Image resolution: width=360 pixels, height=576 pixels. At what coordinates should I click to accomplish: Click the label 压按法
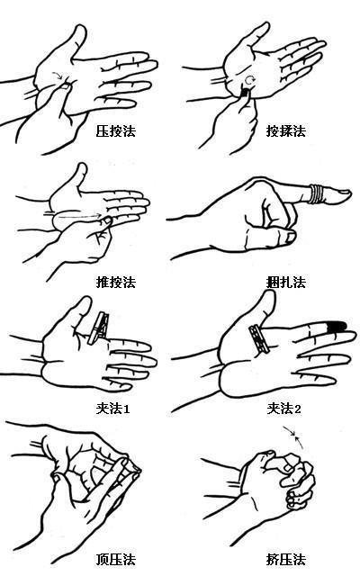[x=116, y=131]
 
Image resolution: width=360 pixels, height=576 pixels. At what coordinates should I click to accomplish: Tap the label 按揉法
[x=286, y=131]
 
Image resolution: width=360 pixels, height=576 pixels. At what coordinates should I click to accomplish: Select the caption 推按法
[x=116, y=282]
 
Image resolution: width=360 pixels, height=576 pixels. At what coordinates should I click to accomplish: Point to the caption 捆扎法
[x=286, y=282]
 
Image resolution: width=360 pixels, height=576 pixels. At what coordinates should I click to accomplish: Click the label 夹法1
[x=112, y=408]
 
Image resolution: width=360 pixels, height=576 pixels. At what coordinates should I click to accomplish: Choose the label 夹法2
[x=284, y=408]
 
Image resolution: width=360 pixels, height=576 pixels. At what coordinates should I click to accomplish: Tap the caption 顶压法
[x=116, y=560]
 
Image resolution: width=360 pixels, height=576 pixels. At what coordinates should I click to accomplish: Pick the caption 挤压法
[x=286, y=560]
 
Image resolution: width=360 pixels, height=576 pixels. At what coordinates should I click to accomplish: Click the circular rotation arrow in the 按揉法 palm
[x=249, y=80]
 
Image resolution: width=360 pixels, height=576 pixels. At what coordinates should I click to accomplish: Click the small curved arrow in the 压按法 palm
[x=57, y=75]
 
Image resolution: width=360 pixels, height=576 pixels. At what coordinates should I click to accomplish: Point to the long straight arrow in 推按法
[x=80, y=216]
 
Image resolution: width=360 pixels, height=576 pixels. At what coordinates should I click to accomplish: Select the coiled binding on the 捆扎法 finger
[x=316, y=193]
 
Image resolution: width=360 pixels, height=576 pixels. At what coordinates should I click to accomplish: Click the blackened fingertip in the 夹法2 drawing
[x=337, y=327]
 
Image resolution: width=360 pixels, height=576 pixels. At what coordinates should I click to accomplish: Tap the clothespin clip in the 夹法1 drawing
[x=98, y=328]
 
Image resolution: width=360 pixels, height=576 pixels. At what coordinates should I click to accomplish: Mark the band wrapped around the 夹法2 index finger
[x=259, y=339]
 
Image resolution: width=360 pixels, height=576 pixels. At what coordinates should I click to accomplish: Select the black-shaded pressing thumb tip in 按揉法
[x=244, y=92]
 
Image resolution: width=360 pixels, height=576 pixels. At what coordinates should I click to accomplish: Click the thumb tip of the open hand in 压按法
[x=80, y=30]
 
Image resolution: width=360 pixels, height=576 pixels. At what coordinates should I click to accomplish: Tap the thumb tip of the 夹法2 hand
[x=268, y=295]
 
